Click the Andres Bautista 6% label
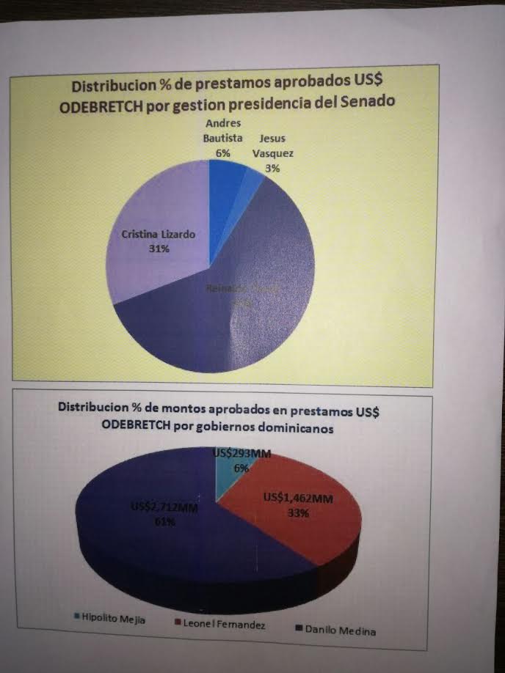(223, 137)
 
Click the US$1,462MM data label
(298, 499)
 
